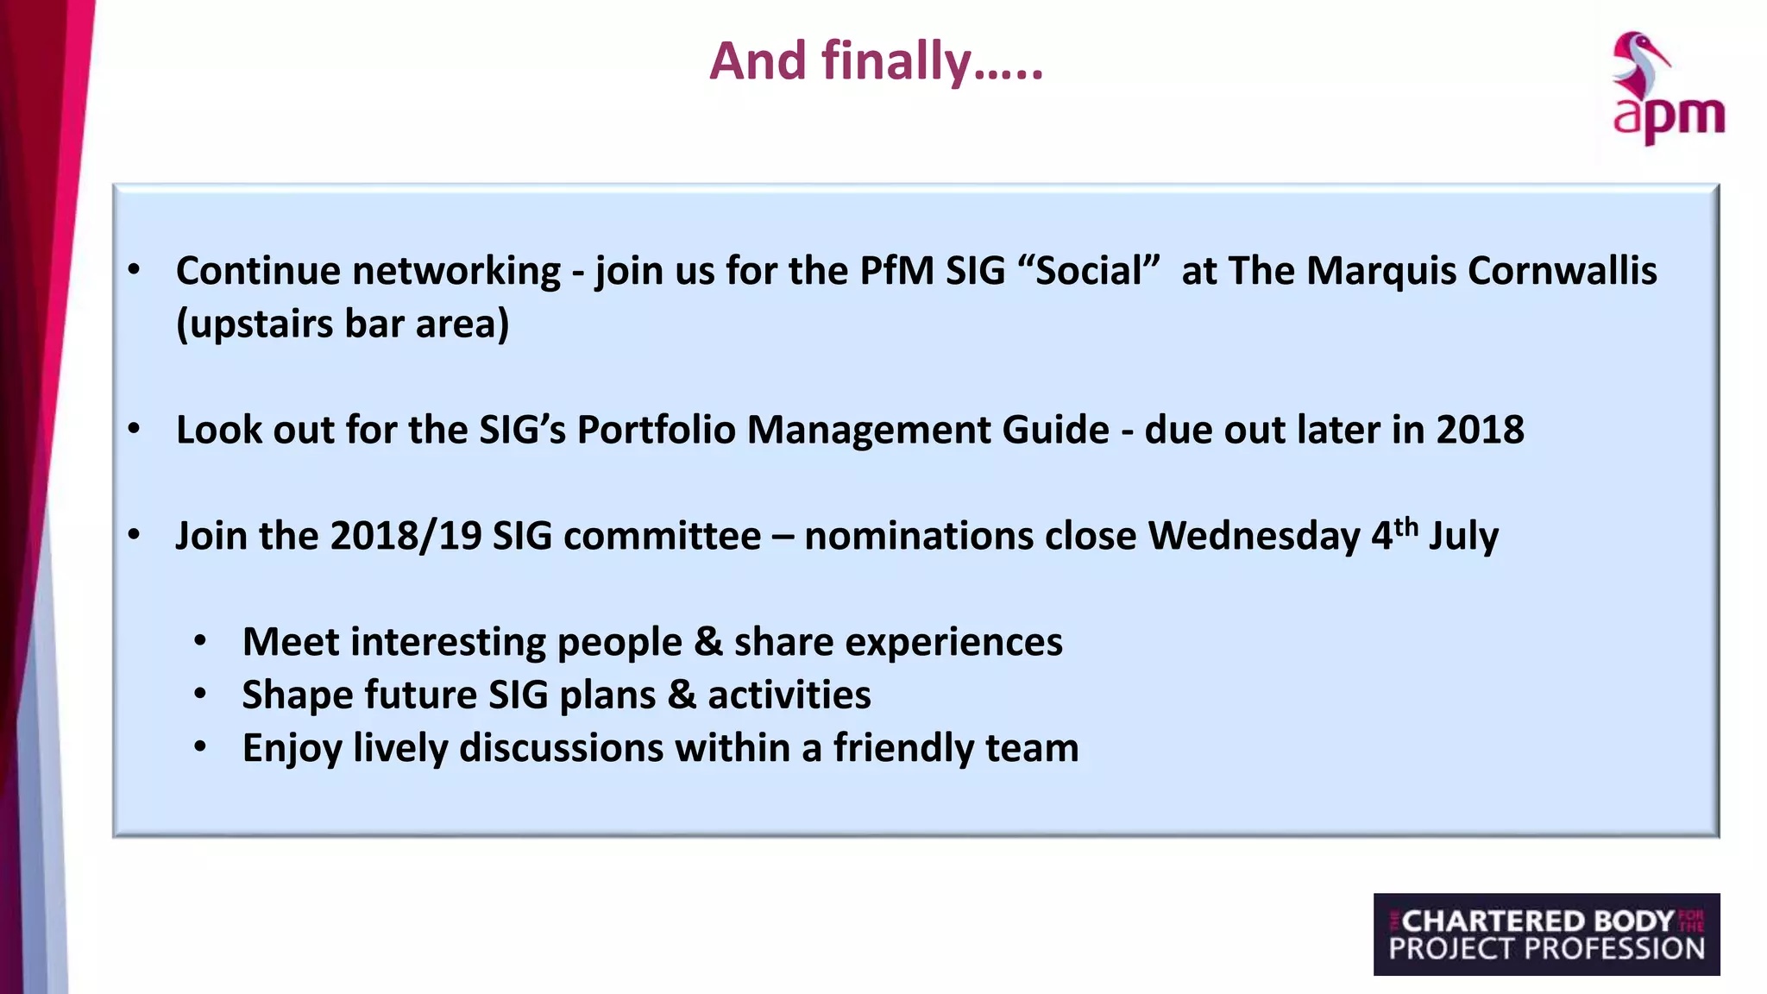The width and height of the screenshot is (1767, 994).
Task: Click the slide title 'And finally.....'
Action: pyautogui.click(x=876, y=62)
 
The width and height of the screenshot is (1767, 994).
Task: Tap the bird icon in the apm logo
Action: pyautogui.click(x=1638, y=65)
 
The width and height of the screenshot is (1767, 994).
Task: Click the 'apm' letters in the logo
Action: pyautogui.click(x=1669, y=117)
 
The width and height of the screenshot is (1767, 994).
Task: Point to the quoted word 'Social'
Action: pyautogui.click(x=1089, y=271)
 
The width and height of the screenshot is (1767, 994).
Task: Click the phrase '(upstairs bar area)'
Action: pyautogui.click(x=343, y=324)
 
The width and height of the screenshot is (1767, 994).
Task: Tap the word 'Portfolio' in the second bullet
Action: pyautogui.click(x=656, y=430)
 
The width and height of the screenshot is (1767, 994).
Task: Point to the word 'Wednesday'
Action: pyautogui.click(x=1254, y=536)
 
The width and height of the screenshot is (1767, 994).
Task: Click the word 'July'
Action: pyautogui.click(x=1463, y=536)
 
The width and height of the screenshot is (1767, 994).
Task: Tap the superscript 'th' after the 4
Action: pyautogui.click(x=1406, y=526)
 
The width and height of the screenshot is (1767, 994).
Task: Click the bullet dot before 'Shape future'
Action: pyautogui.click(x=200, y=694)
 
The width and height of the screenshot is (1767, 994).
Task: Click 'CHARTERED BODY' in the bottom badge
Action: pyautogui.click(x=1537, y=921)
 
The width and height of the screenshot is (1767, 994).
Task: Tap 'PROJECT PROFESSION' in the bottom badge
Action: pyautogui.click(x=1546, y=949)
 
